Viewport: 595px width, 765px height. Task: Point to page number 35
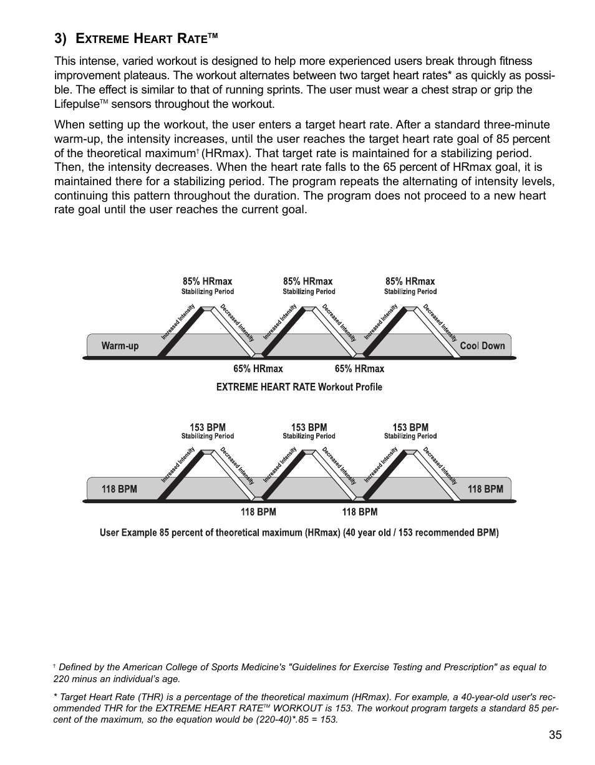coord(555,735)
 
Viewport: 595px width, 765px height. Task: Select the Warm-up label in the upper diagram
coord(120,346)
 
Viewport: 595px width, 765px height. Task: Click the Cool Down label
coord(482,346)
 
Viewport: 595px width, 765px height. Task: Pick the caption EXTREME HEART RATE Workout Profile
coord(299,387)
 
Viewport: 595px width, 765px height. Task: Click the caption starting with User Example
coord(299,533)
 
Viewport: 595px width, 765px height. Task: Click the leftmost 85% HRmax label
coord(207,282)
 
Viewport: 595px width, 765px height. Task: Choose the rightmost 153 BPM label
coord(410,428)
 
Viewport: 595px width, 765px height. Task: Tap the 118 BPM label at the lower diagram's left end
coord(119,489)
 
